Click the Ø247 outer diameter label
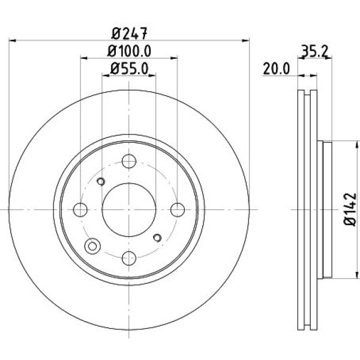[129, 34]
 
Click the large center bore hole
[128, 209]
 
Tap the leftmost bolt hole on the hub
[80, 209]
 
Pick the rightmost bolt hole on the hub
[177, 209]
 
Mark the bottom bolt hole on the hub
[128, 258]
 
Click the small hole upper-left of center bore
[101, 182]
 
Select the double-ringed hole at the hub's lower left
[92, 245]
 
